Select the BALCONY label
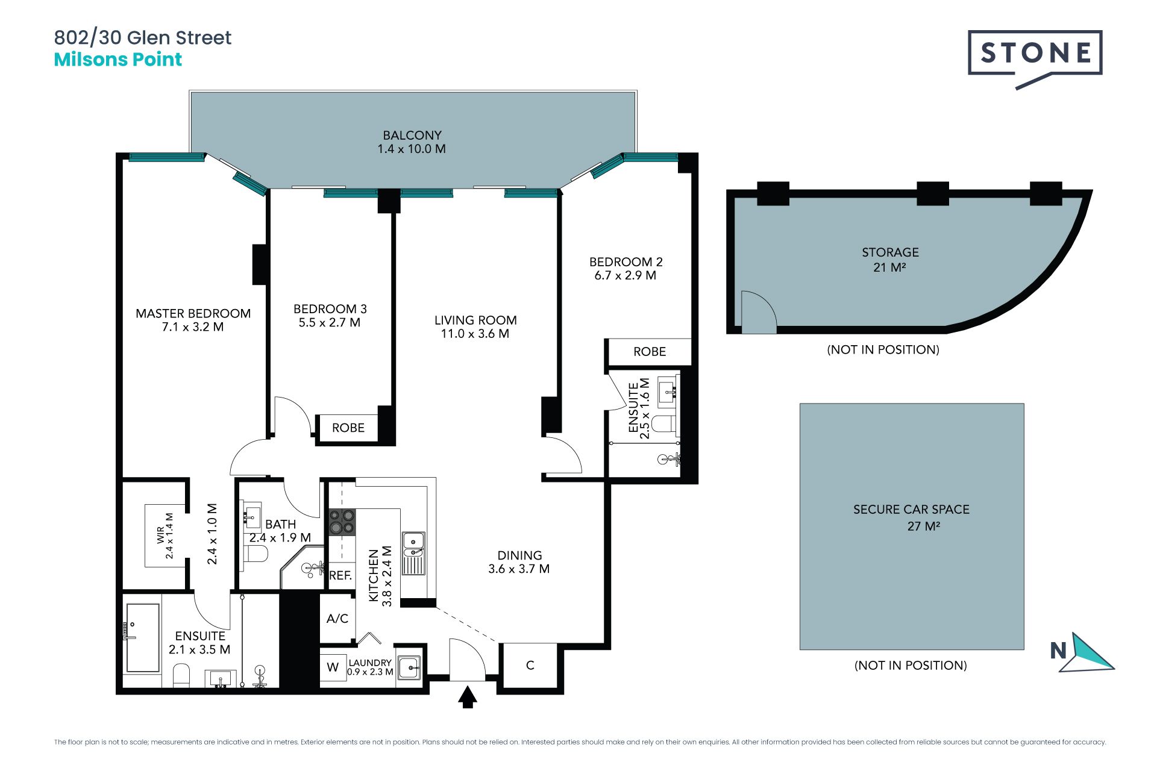(x=412, y=136)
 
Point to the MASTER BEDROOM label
(x=193, y=313)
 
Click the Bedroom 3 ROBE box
(x=348, y=428)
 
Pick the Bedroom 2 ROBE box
(x=650, y=352)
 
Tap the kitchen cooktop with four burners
(x=342, y=522)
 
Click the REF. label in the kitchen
(x=340, y=575)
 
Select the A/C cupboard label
(x=337, y=619)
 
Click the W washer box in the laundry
(x=333, y=667)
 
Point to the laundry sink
(x=409, y=667)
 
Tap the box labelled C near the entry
(x=530, y=665)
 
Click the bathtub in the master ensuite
(x=143, y=638)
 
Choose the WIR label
(x=161, y=535)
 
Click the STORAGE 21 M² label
(x=890, y=260)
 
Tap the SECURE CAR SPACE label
(x=911, y=510)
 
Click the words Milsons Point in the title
(x=118, y=60)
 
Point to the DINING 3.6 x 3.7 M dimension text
(x=519, y=569)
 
